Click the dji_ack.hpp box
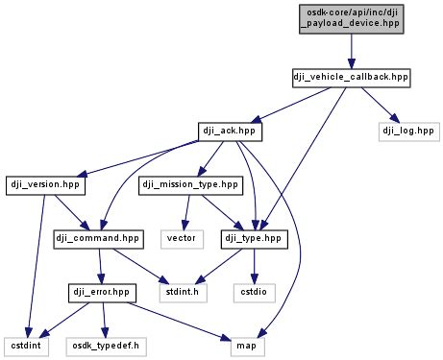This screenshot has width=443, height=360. coord(227,128)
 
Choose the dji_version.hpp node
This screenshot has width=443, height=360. coord(46,181)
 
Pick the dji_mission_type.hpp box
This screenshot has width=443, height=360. coord(189,181)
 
